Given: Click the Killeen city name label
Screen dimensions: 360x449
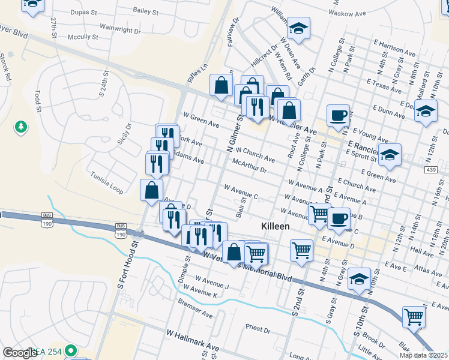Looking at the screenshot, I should click(276, 226).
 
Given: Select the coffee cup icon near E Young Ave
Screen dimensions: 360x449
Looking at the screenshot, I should click(338, 115).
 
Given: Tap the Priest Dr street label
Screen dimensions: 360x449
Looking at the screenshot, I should click(258, 328).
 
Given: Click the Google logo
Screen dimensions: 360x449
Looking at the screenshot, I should click(20, 353).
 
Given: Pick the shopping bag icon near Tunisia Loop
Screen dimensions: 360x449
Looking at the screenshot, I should click(152, 190).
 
